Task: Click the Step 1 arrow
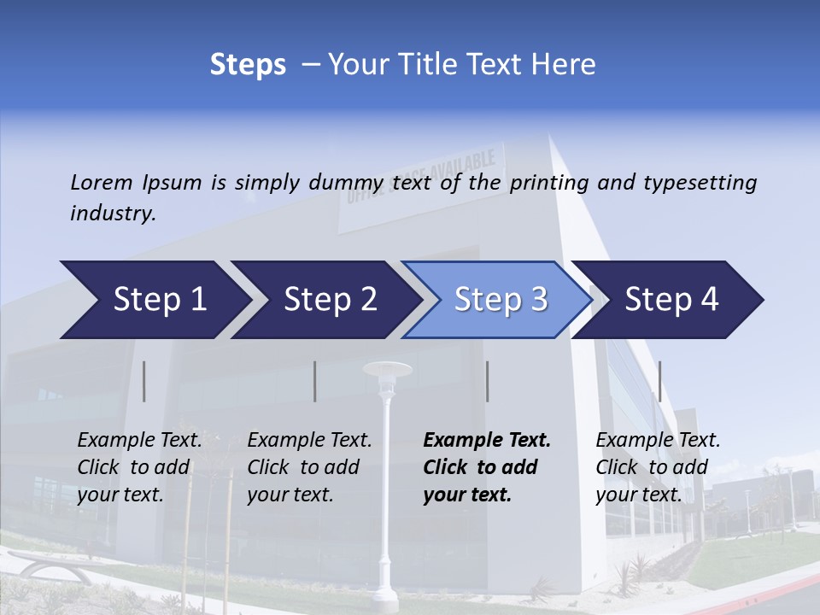[x=154, y=300]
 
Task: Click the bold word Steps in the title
[x=248, y=65]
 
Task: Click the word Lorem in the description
[x=102, y=182]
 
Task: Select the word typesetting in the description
[x=700, y=183]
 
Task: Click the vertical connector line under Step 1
[x=144, y=381]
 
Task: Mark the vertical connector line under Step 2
[x=315, y=381]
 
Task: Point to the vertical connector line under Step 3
[x=487, y=381]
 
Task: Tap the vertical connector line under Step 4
[x=659, y=381]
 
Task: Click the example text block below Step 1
[x=139, y=467]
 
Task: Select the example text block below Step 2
[x=309, y=467]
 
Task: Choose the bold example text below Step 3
[x=487, y=467]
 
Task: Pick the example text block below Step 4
[x=658, y=467]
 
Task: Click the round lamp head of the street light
[x=387, y=369]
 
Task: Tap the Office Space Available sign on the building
[x=422, y=188]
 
